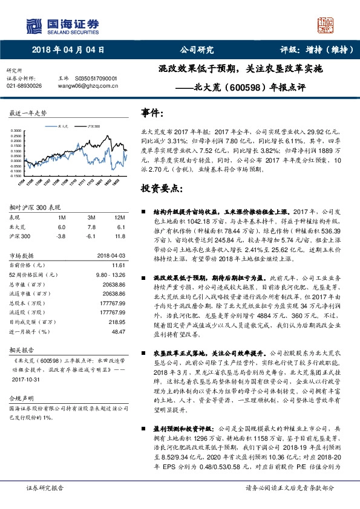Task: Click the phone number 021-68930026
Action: point(24,86)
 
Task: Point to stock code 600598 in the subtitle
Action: point(249,87)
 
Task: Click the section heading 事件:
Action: point(152,112)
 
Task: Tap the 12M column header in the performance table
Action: point(119,216)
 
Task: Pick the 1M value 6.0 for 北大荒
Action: point(61,226)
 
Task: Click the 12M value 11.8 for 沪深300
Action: point(120,236)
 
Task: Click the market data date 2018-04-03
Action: point(111,255)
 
